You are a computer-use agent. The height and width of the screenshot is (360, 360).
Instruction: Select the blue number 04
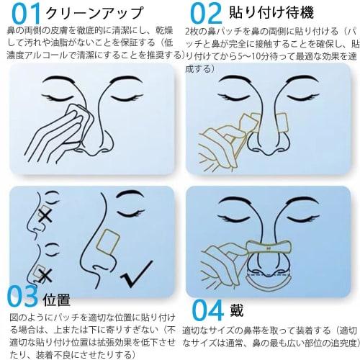[x=208, y=310]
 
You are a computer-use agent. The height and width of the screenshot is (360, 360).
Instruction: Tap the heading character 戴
[x=238, y=310]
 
